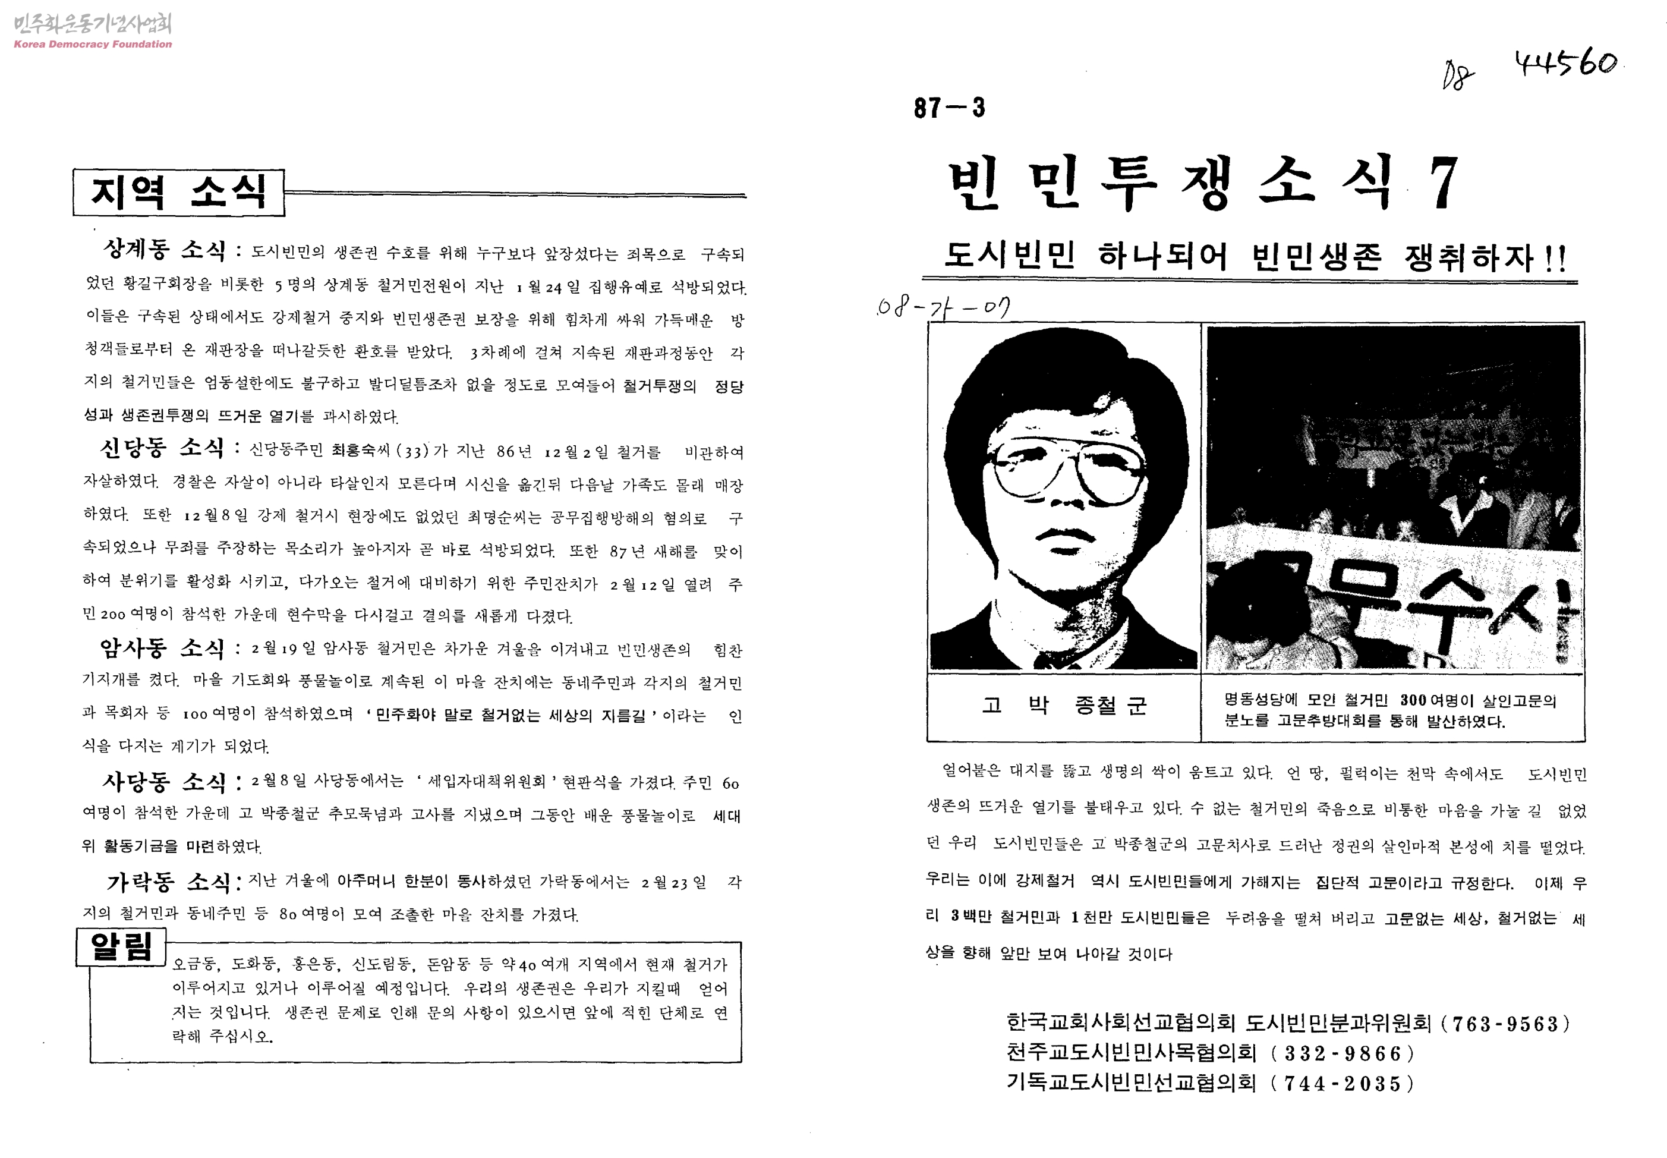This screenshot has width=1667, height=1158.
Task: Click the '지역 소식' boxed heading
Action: (178, 192)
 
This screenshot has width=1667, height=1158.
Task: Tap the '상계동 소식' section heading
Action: (165, 250)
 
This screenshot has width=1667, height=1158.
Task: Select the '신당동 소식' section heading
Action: (162, 448)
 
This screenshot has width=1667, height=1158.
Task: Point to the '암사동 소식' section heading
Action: (162, 647)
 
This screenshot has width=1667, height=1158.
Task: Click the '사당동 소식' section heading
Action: (165, 782)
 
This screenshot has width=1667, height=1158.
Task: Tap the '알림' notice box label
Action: (121, 947)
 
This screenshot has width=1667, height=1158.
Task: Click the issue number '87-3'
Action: (949, 108)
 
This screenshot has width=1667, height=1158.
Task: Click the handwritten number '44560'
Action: (1565, 64)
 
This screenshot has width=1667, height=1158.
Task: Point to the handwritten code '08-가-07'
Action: (943, 309)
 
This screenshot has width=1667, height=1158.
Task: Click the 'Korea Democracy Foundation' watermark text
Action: (93, 44)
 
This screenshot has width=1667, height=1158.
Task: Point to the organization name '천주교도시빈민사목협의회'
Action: (1131, 1053)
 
